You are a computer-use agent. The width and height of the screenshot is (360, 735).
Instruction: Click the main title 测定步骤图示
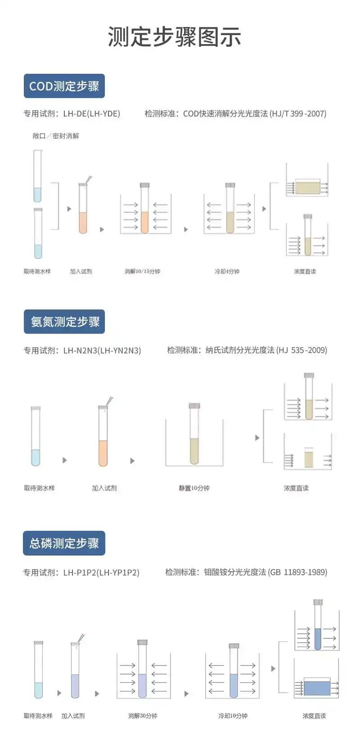175,36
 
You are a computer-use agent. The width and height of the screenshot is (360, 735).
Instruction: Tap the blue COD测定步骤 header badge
64,86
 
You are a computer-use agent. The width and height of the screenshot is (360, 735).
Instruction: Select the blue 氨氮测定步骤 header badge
64,322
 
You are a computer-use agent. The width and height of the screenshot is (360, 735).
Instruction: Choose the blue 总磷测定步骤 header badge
64,543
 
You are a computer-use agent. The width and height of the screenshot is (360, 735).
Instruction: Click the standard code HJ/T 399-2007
299,113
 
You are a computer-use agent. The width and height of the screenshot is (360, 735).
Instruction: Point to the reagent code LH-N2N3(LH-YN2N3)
102,350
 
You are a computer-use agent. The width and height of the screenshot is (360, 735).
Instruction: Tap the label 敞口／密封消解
56,136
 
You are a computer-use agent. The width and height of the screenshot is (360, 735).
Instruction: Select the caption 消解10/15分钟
142,271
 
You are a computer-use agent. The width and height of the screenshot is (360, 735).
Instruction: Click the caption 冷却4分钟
227,271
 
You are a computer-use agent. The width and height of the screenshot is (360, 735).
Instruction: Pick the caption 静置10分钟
194,488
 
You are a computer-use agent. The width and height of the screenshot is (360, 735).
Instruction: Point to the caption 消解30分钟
143,716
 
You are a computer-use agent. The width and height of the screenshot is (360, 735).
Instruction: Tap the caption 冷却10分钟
233,716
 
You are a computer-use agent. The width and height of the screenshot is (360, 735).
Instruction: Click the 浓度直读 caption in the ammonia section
297,488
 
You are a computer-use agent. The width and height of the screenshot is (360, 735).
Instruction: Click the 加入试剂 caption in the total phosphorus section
73,716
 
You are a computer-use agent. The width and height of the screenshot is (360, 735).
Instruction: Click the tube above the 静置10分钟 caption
194,434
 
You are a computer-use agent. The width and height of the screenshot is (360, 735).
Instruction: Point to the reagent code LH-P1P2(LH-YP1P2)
101,572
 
